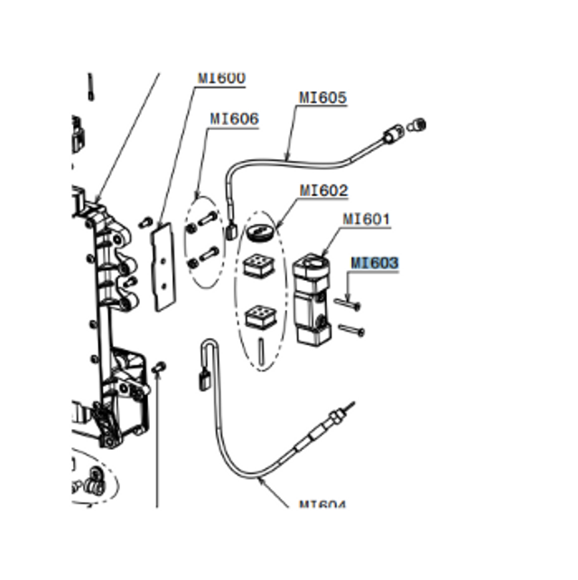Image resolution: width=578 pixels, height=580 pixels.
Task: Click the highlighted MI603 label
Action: point(374,263)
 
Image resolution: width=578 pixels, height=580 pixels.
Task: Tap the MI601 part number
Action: point(366,219)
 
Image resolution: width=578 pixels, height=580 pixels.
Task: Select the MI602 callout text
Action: point(323,191)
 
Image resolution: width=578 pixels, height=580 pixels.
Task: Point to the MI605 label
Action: point(322,98)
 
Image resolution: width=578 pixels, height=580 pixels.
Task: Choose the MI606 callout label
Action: point(234,118)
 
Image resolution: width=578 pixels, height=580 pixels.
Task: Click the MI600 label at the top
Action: point(221,79)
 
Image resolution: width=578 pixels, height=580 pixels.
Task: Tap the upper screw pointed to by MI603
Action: point(347,304)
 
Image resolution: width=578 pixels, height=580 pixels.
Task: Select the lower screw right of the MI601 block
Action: point(351,332)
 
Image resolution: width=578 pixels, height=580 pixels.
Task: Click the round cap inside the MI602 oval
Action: point(260,232)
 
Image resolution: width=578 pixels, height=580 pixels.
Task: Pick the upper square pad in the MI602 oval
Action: point(258,267)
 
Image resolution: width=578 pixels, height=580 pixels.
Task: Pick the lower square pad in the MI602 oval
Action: point(260,316)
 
